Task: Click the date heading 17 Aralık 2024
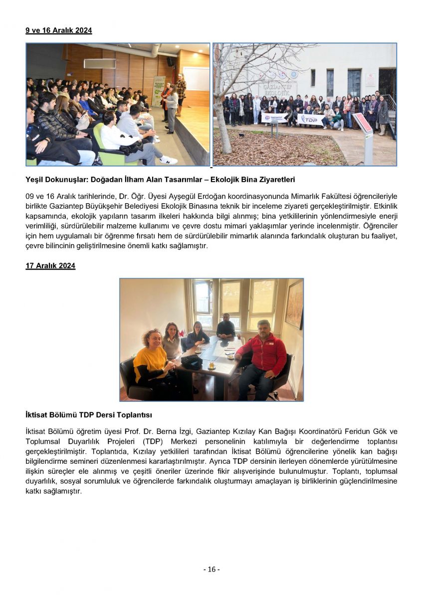click(x=50, y=266)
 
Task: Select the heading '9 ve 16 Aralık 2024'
click(x=59, y=30)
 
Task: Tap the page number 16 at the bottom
click(x=211, y=570)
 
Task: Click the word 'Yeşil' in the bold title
click(x=35, y=179)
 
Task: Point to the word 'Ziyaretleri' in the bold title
click(x=277, y=179)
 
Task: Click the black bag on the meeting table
click(x=191, y=361)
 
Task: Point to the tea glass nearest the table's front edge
click(x=211, y=365)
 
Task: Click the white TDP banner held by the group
click(x=310, y=119)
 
